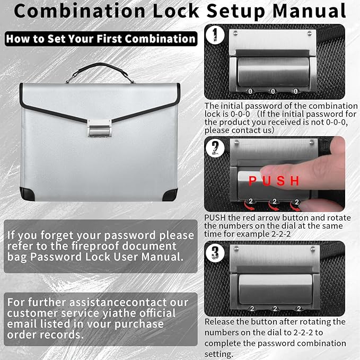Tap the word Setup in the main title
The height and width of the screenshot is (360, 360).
[238, 11]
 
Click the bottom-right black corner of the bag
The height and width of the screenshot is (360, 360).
[171, 193]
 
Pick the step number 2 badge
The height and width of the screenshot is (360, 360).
[214, 149]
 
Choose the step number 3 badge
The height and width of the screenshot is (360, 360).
[214, 251]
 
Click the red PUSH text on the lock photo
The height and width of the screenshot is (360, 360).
[274, 181]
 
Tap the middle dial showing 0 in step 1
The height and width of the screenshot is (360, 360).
[274, 91]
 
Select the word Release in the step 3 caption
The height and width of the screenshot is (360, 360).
[220, 322]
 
